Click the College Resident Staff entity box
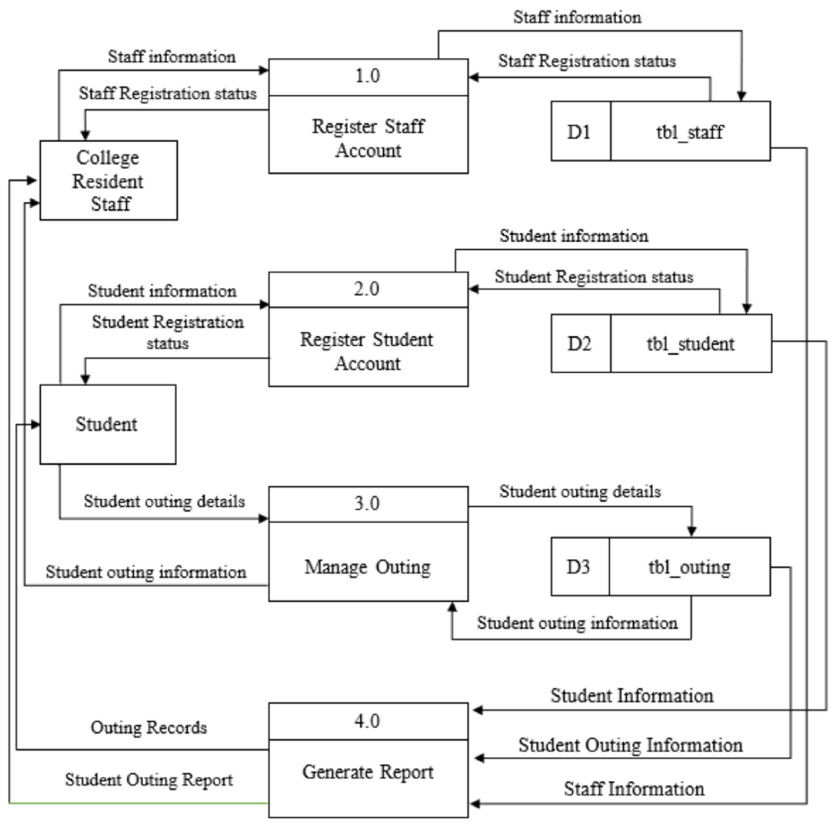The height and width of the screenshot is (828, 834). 108,180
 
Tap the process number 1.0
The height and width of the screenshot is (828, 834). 367,76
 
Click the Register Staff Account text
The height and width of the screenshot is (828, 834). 368,138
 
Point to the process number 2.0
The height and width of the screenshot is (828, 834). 366,289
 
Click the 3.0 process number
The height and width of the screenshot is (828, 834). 367,504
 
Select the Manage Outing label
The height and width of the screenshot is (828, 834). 367,567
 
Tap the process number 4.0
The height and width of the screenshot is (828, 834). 367,721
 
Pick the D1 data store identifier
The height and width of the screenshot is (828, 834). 579,132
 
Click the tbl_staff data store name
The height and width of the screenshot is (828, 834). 690,132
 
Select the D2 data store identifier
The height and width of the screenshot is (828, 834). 579,344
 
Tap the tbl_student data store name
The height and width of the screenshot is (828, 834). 690,344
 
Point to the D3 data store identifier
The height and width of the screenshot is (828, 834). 578,567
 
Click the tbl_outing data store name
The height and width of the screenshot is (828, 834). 689,567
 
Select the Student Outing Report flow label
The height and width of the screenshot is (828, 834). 149,780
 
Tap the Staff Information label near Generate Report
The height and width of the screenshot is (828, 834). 634,789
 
